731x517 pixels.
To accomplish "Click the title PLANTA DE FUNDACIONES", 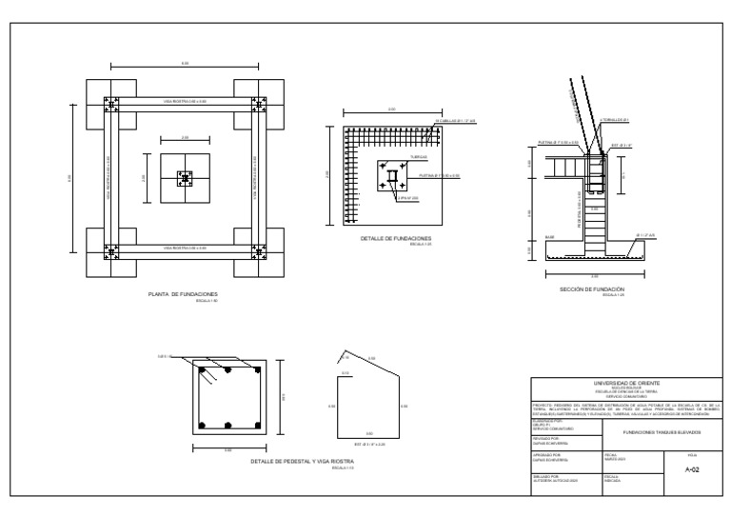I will tap(184, 294).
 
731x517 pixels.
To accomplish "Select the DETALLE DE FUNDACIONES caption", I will tap(397, 238).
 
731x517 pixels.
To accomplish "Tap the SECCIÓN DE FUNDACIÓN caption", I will tap(592, 288).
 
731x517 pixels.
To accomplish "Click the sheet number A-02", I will tap(692, 469).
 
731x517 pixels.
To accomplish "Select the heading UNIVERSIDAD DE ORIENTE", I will tap(625, 382).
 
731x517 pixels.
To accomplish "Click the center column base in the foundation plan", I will tap(185, 178).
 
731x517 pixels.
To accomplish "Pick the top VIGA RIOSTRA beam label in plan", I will tap(184, 101).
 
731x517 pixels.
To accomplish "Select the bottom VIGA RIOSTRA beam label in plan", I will tap(184, 248).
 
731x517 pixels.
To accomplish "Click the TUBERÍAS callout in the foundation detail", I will tap(419, 156).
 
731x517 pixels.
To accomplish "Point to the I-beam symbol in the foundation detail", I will tap(392, 177).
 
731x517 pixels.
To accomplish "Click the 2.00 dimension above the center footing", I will tap(185, 137).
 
